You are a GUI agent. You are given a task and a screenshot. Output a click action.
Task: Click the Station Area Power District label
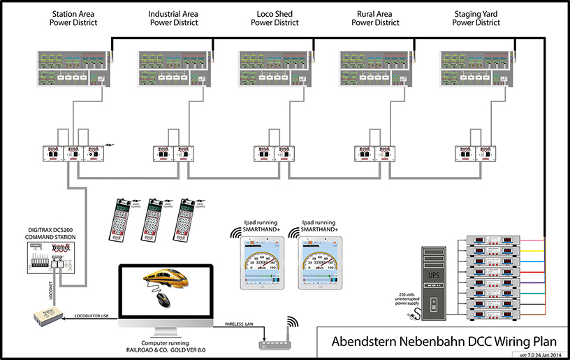click(x=73, y=18)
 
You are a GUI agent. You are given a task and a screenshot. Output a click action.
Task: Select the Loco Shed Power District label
click(x=275, y=18)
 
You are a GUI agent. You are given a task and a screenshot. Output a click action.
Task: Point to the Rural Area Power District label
click(x=376, y=18)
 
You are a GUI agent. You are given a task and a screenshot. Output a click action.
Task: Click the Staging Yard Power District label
click(x=476, y=18)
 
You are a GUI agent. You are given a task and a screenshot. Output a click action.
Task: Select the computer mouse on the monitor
click(x=163, y=298)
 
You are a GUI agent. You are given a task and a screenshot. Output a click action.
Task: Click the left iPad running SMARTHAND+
click(x=261, y=262)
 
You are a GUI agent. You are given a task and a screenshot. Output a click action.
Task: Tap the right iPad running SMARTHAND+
click(x=321, y=262)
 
